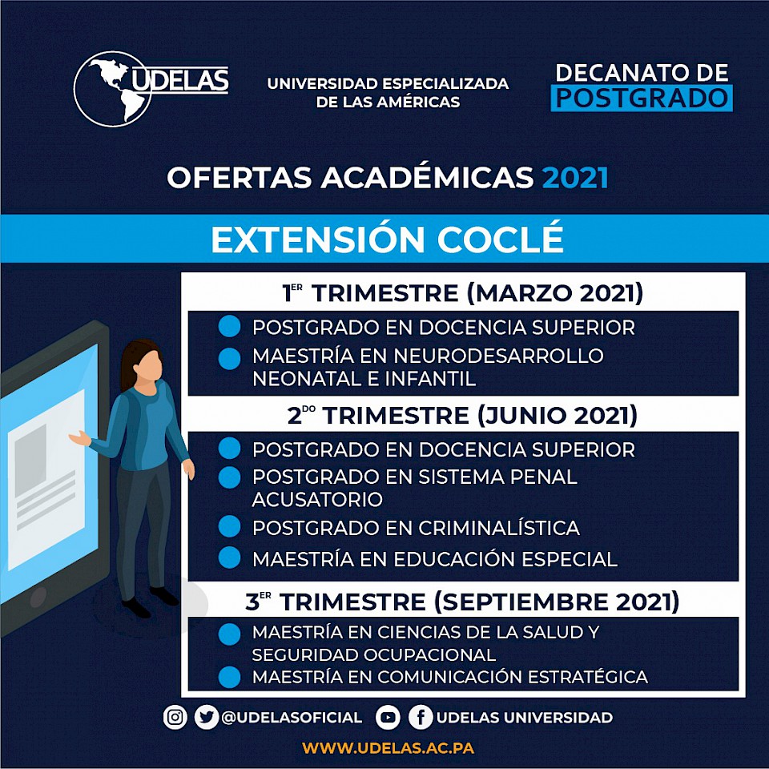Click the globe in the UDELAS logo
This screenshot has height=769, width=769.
pos(112,89)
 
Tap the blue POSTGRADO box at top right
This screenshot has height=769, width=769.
pos(642,98)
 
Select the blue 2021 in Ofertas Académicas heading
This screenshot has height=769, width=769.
pos(575,178)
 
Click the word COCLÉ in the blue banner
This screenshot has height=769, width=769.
pos(500,239)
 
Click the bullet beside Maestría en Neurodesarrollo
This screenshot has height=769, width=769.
pos(229,359)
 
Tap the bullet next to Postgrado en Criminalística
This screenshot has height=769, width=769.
pos(229,526)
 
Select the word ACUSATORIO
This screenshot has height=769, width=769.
pos(317,499)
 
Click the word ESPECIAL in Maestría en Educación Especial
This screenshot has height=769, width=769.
pos(569,559)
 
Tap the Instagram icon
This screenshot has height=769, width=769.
pos(175,718)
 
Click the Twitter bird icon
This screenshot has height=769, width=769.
pos(207,718)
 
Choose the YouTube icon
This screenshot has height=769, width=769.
pos(388,718)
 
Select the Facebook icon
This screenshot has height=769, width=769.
pos(421,718)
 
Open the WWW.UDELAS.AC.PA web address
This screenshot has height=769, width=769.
pos(388,748)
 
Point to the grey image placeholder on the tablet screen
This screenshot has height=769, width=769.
pos(30,454)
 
